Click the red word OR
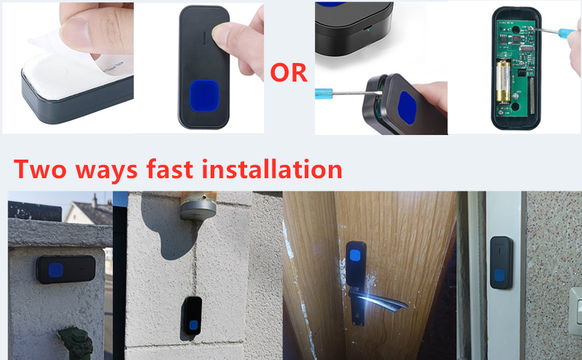pyautogui.click(x=289, y=73)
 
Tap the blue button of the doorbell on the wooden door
pyautogui.click(x=355, y=257)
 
